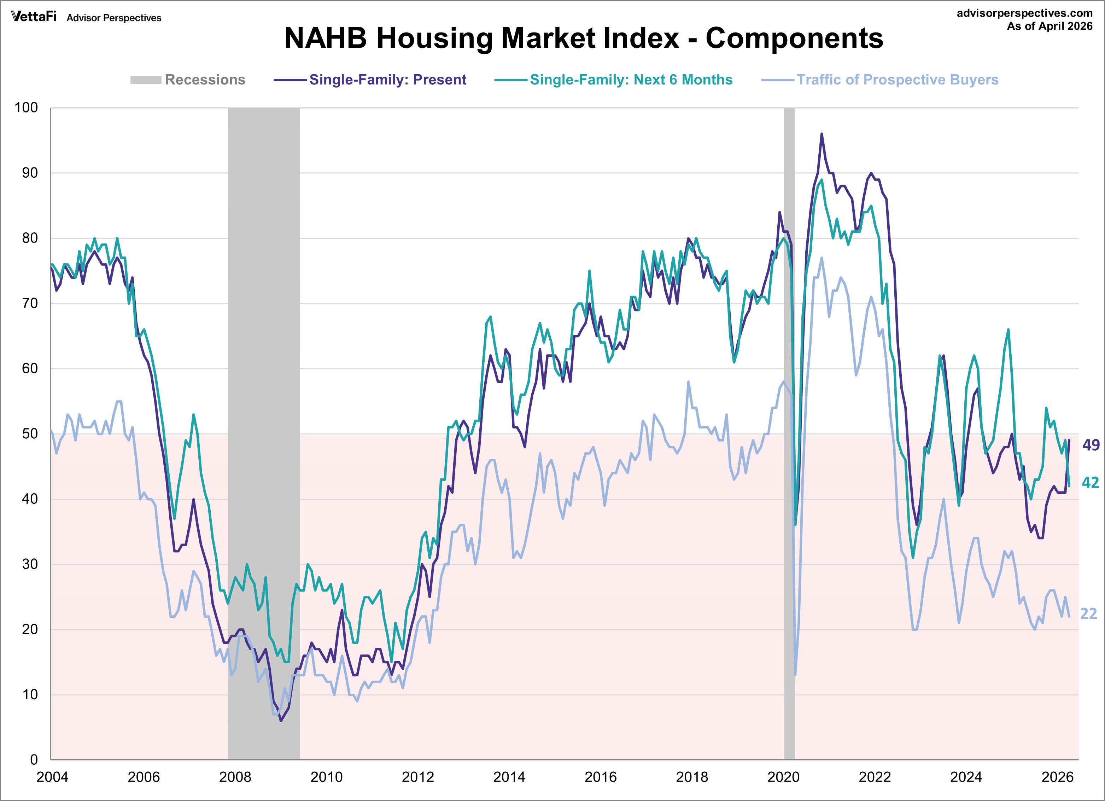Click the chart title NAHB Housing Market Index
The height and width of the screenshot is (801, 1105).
coord(583,38)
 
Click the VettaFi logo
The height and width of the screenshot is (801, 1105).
coord(34,17)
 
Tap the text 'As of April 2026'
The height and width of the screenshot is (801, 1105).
coord(1050,26)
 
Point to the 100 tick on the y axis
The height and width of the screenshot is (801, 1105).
coord(26,108)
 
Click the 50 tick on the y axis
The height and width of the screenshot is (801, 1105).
coord(30,434)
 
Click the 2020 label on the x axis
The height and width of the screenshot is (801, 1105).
coord(783,777)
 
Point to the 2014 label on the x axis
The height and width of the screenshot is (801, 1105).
coord(509,777)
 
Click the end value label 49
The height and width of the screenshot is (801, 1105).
coord(1091,445)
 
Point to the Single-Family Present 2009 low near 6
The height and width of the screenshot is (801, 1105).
coord(281,720)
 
